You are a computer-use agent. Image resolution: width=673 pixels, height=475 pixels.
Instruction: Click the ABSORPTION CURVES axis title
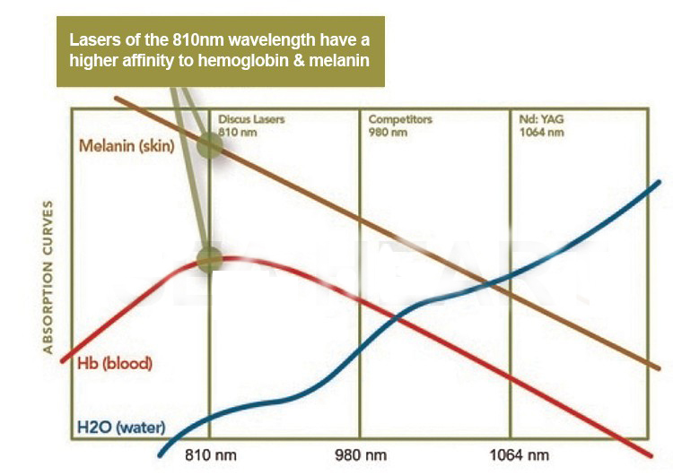[48, 276]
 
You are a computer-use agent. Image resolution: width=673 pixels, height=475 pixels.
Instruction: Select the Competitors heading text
[400, 120]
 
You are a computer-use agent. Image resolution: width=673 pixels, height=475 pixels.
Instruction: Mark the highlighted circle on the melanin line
[210, 145]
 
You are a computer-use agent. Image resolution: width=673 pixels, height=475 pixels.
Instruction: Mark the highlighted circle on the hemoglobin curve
[209, 260]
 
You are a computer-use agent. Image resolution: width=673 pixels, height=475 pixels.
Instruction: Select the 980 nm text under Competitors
[389, 133]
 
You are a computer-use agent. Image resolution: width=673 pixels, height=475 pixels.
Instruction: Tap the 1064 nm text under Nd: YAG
[542, 133]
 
